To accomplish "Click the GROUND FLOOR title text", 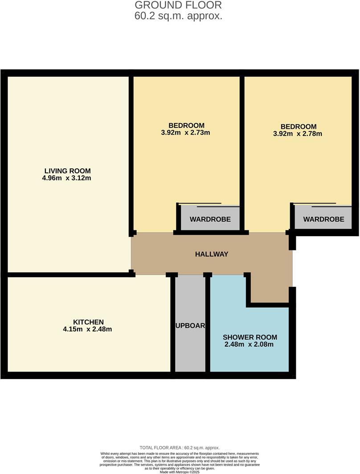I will (178, 5).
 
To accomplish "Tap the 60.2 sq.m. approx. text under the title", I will (178, 16).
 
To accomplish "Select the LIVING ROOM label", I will (68, 171).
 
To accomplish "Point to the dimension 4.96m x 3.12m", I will (68, 178).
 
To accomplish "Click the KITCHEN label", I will (88, 322).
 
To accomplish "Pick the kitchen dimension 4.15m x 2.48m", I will (88, 330).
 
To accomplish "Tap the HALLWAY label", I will (212, 254).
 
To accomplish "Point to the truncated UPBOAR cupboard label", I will (190, 326).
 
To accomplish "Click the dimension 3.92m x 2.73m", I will (186, 133).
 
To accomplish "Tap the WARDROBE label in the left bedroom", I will (210, 219).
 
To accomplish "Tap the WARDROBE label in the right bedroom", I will (323, 219).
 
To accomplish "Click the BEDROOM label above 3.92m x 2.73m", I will (186, 125).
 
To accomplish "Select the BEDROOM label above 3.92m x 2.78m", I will (299, 127).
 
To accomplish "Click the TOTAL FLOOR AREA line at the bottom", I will (180, 448).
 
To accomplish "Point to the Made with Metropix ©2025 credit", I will (180, 472).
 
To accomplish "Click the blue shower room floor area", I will (250, 356).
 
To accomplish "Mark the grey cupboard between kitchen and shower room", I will (190, 352).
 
